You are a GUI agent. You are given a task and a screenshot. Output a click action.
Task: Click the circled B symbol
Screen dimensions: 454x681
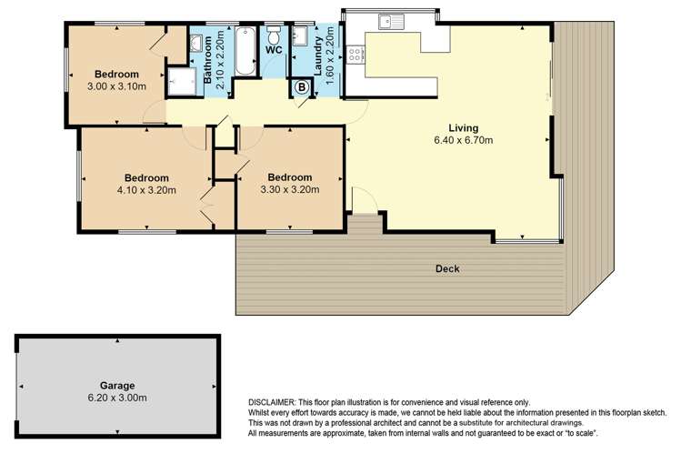click(x=301, y=88)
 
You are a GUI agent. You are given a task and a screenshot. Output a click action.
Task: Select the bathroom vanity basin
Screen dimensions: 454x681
click(x=196, y=44)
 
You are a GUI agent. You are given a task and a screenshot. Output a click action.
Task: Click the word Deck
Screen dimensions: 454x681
click(x=446, y=268)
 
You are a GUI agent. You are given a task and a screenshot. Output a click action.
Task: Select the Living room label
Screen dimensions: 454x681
click(x=463, y=128)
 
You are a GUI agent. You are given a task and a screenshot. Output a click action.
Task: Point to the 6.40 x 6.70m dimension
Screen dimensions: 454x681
click(x=463, y=141)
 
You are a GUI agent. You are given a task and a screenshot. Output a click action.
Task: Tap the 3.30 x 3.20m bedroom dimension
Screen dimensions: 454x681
click(x=290, y=189)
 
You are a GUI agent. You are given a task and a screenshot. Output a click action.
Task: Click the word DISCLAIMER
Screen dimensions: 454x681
click(x=277, y=402)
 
